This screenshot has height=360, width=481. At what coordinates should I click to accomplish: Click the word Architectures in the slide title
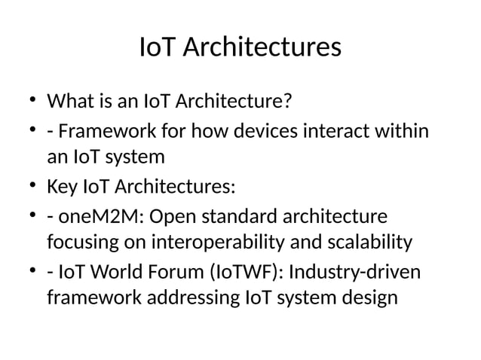pos(262,48)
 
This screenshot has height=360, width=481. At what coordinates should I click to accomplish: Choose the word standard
pos(240,218)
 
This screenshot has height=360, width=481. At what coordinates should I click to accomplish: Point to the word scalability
pos(367,243)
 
